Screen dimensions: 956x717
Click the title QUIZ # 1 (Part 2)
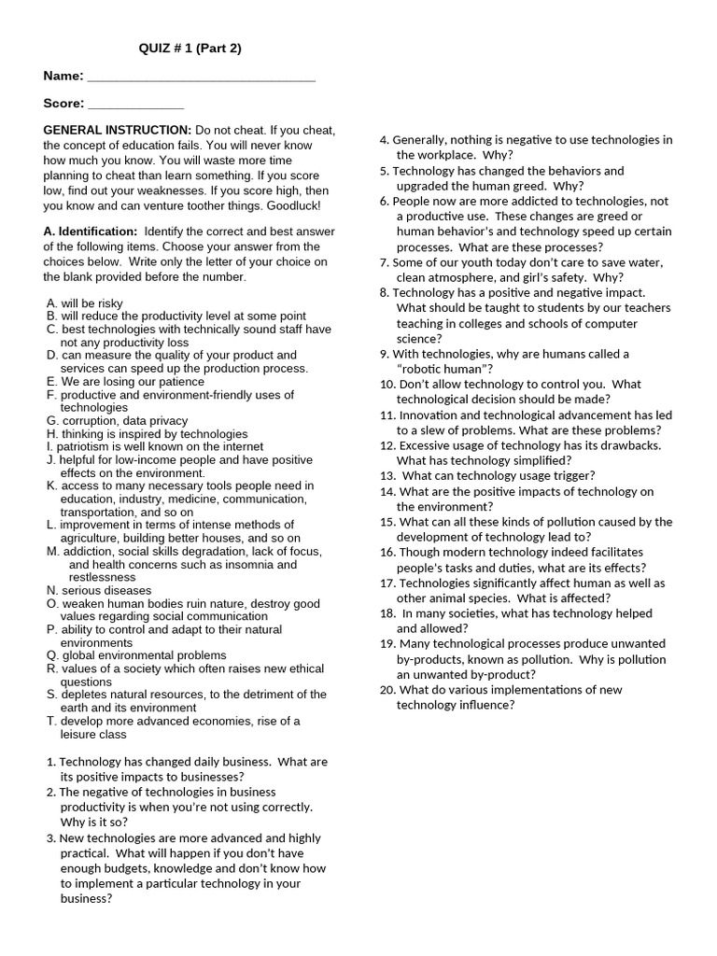190,49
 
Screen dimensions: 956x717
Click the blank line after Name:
200,78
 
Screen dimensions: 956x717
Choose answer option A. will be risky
85,303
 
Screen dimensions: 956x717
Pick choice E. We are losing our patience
125,382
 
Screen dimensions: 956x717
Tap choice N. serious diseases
99,590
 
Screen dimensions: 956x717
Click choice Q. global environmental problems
136,655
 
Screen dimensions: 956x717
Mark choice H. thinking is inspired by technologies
147,434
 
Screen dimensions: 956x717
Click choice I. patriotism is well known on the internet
154,446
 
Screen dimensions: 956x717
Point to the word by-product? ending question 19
502,674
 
